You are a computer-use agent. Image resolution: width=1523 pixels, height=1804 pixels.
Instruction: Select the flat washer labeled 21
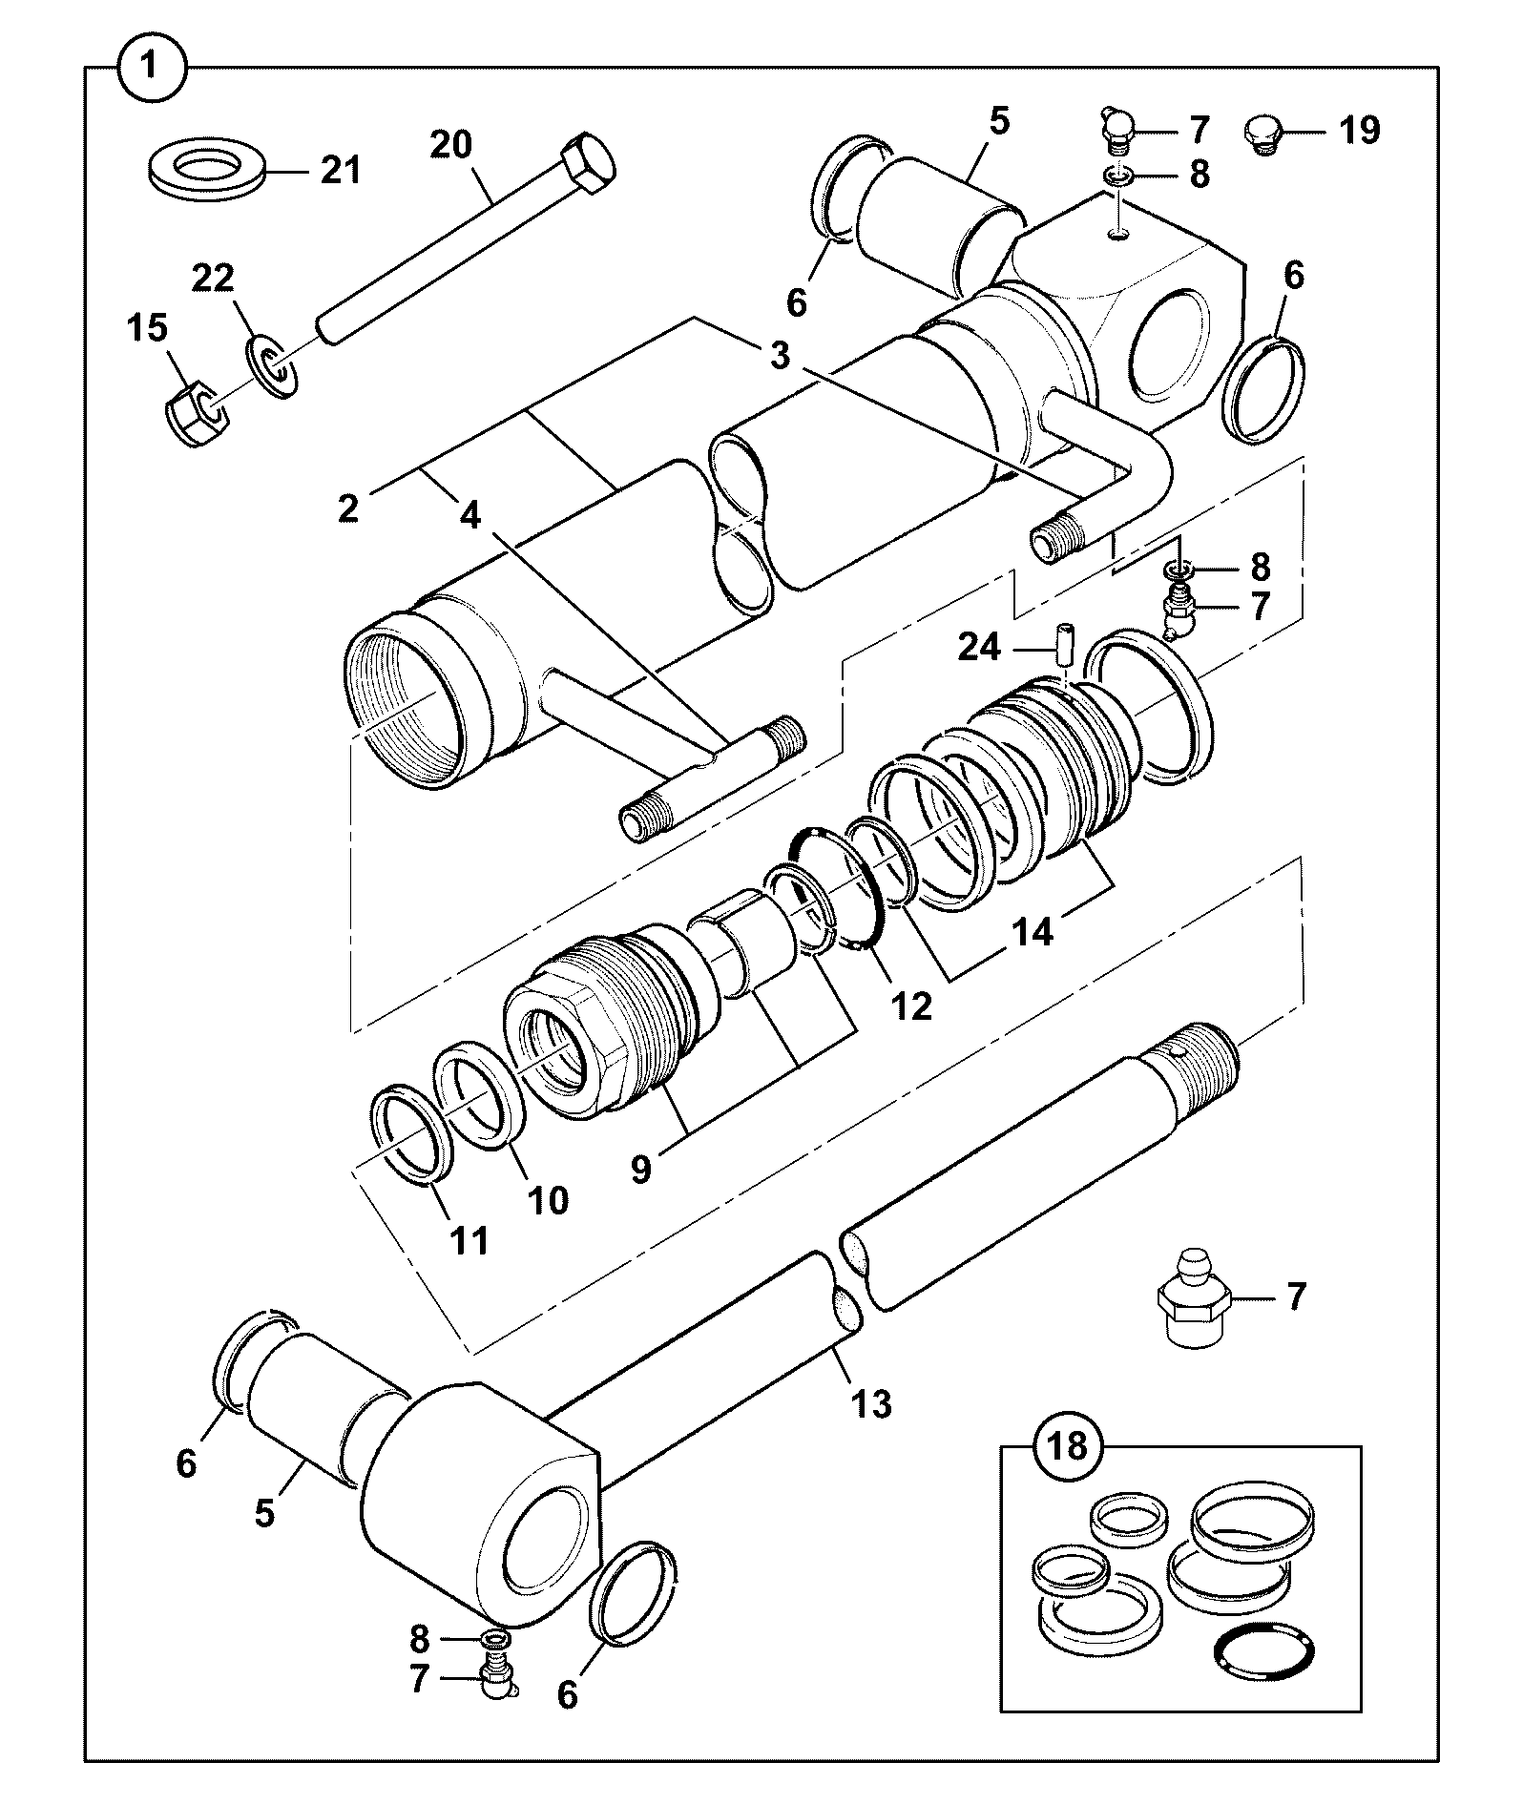(x=207, y=172)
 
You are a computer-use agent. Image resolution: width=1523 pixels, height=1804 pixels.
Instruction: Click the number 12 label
(x=909, y=1005)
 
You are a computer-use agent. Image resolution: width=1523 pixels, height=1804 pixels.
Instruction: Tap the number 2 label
(x=348, y=508)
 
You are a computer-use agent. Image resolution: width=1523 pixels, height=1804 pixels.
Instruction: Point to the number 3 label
(x=781, y=357)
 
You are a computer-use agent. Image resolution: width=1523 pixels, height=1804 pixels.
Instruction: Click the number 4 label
(x=470, y=515)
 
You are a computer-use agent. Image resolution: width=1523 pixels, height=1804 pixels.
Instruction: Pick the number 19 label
(x=1360, y=130)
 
